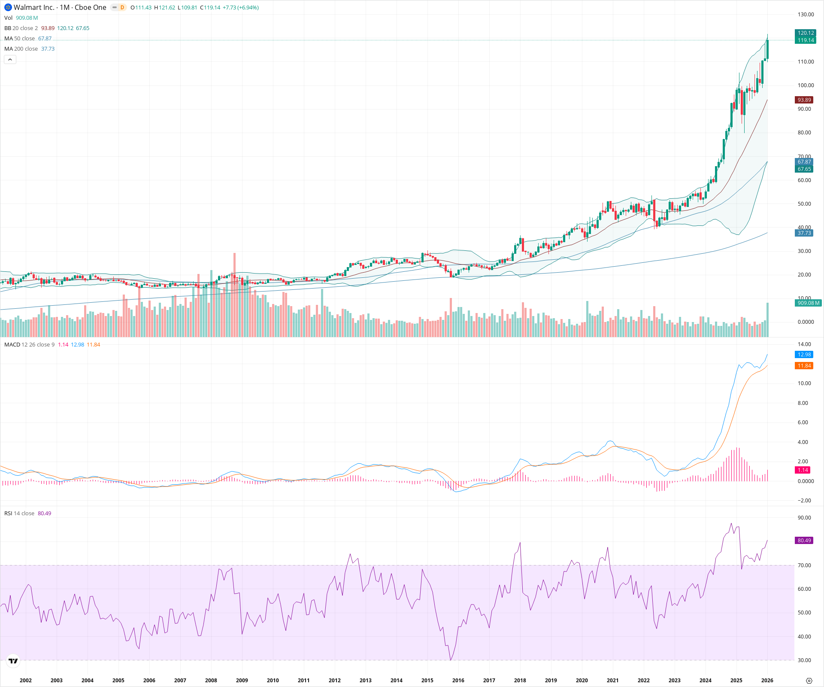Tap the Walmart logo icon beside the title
[x=8, y=7]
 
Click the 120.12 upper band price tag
[x=805, y=33]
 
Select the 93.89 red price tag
[x=804, y=100]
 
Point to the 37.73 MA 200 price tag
[x=804, y=233]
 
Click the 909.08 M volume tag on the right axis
[x=808, y=303]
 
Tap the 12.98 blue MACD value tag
[x=804, y=355]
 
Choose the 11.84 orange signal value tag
[x=804, y=366]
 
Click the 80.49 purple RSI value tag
[x=804, y=541]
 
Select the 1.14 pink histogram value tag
[x=803, y=470]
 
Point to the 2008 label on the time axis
[x=211, y=681]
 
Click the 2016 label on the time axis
[x=458, y=681]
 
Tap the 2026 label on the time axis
[x=767, y=681]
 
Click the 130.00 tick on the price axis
[x=806, y=15]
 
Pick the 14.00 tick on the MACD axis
[x=804, y=344]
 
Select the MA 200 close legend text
[x=21, y=49]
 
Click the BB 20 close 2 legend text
[x=21, y=28]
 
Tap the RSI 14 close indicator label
[x=19, y=514]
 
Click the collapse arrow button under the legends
[x=10, y=60]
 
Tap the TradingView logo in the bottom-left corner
[x=13, y=661]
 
